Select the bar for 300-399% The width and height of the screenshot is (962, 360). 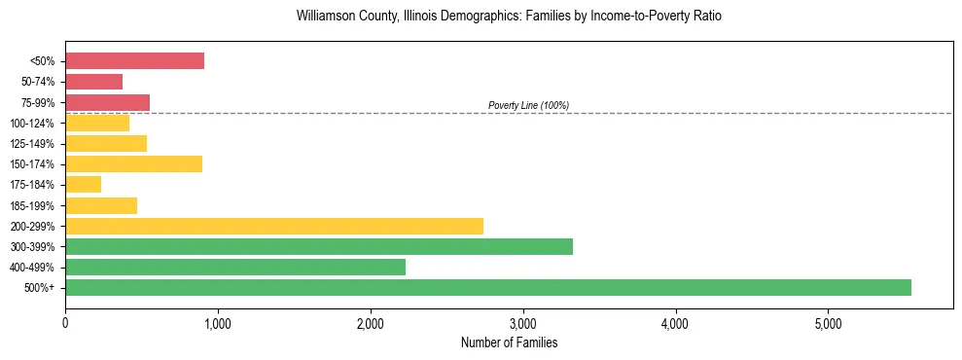[x=319, y=246]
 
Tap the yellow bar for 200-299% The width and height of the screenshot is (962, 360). [x=274, y=226]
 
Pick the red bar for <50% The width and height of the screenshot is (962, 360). [x=134, y=61]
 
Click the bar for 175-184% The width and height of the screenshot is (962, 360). [x=83, y=185]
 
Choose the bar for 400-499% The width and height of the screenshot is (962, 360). [x=235, y=267]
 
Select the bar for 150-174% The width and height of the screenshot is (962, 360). [x=133, y=164]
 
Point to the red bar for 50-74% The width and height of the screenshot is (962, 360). [x=93, y=82]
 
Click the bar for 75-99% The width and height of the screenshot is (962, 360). [x=107, y=102]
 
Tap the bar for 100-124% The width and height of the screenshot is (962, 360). [x=97, y=124]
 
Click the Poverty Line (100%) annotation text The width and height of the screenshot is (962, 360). [x=528, y=105]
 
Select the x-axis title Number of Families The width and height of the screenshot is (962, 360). [x=509, y=342]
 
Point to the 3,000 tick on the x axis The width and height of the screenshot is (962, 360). [x=522, y=323]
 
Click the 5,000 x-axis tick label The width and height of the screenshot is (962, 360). [x=828, y=323]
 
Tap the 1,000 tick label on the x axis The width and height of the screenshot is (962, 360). [x=218, y=323]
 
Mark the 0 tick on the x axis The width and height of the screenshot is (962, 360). [x=65, y=323]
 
